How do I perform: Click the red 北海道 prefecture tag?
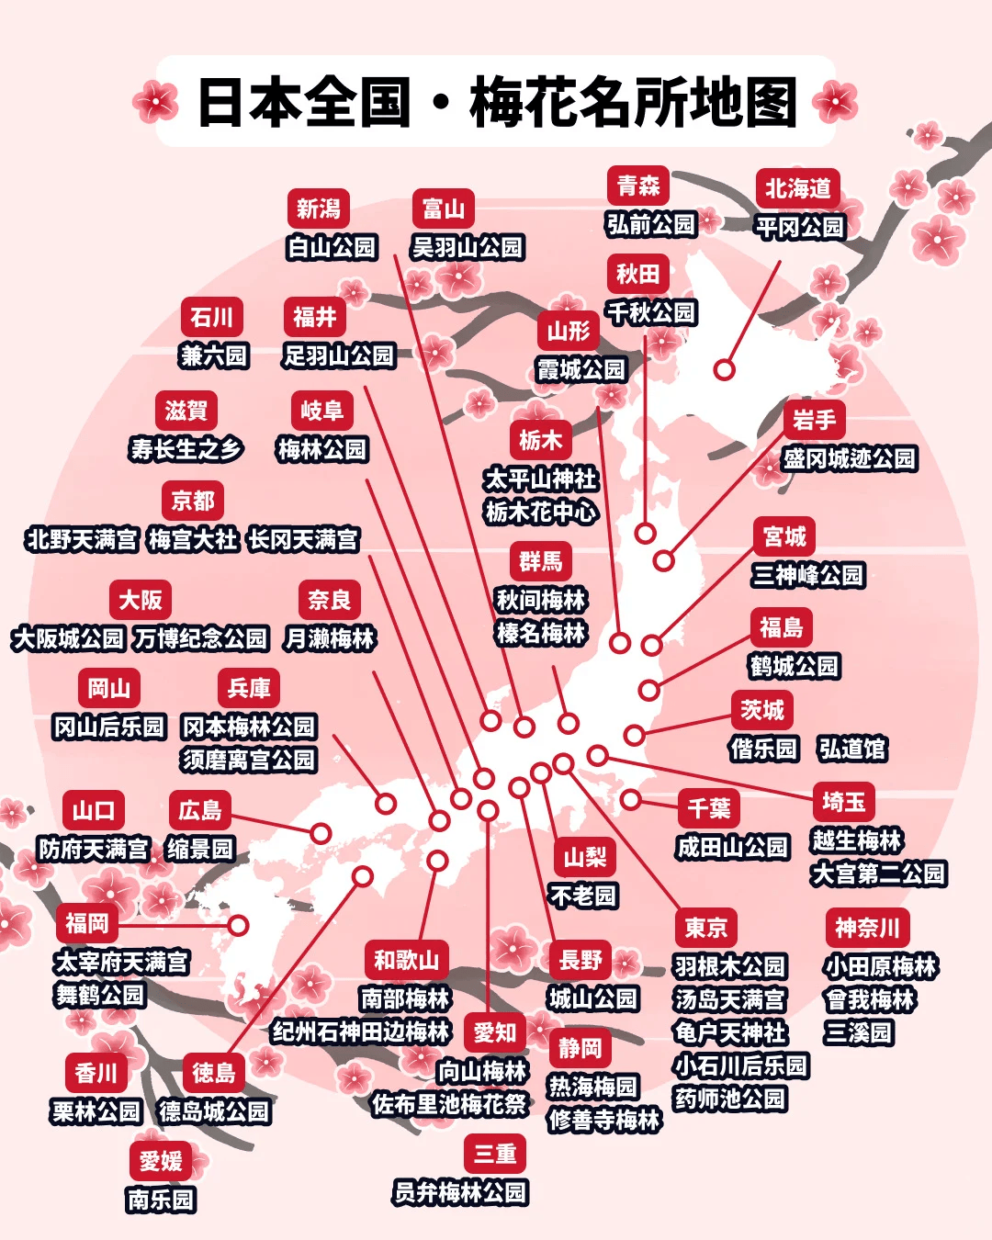(x=798, y=188)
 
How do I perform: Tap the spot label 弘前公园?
(x=651, y=224)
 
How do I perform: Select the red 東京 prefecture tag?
(x=705, y=928)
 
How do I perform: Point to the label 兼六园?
(x=214, y=355)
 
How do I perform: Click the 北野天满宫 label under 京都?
(x=82, y=539)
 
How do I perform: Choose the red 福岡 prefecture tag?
(x=87, y=923)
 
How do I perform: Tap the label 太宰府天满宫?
(x=121, y=962)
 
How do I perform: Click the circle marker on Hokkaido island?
(x=725, y=369)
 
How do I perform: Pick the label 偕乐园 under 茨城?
(x=763, y=749)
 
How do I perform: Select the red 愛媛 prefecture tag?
(x=161, y=1161)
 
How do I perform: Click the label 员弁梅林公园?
(x=460, y=1192)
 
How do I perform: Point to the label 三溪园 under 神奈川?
(x=858, y=1032)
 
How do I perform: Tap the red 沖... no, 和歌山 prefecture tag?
(x=406, y=960)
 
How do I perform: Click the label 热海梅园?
(x=592, y=1087)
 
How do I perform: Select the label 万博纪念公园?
(x=200, y=638)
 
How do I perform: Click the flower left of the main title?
(x=155, y=101)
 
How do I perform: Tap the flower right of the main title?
(x=835, y=101)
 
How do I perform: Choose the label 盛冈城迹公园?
(x=849, y=458)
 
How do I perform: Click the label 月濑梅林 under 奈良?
(x=330, y=638)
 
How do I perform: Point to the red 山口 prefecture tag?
(x=94, y=810)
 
